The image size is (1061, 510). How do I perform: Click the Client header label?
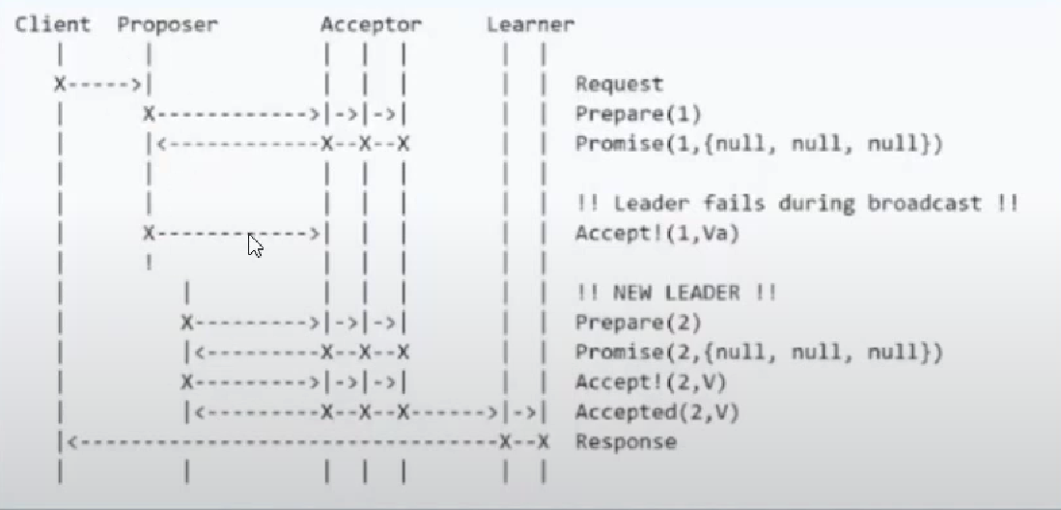point(53,25)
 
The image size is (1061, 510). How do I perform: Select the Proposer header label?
point(167,25)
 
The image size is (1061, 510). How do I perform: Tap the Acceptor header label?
point(372,25)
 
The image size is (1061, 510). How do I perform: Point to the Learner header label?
point(530,25)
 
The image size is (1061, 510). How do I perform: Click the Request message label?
point(619,85)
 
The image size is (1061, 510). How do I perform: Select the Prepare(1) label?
point(638,114)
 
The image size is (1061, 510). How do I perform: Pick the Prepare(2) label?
point(638,323)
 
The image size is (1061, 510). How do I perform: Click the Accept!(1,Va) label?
point(657,233)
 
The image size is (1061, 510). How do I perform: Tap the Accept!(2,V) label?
point(651,382)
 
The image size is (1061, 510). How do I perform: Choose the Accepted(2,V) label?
point(657,412)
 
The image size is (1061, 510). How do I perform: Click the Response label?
point(626,442)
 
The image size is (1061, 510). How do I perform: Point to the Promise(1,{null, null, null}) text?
point(759,145)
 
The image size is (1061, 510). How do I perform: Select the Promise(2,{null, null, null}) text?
point(759,353)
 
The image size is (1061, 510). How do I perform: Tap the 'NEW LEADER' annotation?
point(676,293)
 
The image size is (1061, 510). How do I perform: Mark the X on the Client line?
point(60,85)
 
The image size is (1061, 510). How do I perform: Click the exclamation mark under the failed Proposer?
point(149,262)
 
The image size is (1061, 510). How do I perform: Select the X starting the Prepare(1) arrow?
point(149,114)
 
